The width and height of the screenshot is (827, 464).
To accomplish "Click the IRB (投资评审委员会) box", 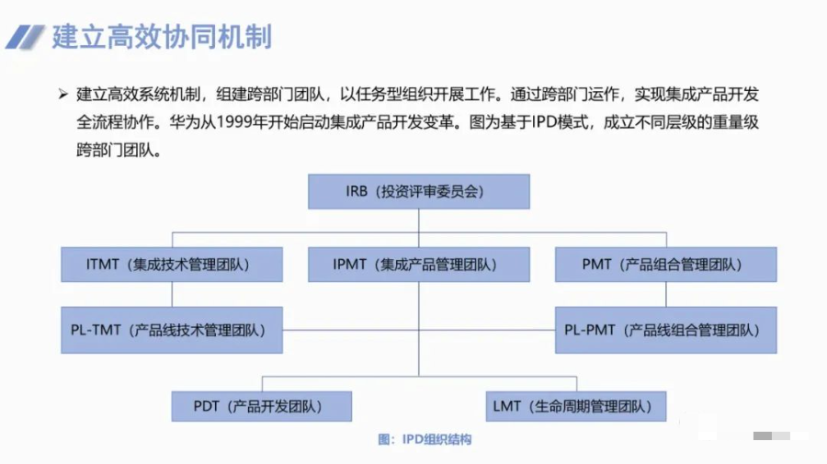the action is point(418,192).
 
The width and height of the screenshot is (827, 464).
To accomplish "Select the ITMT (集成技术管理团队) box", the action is point(171,265).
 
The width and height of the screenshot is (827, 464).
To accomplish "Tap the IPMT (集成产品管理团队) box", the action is point(418,265).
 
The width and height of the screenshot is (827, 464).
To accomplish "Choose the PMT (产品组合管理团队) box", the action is point(665,265).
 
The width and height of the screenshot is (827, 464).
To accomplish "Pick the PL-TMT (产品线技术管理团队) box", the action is point(171,330).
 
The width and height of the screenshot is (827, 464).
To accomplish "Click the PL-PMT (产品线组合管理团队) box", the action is point(665,330).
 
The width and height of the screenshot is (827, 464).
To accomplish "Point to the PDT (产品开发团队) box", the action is point(261,406).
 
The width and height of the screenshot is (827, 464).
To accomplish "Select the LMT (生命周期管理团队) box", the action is point(575,406).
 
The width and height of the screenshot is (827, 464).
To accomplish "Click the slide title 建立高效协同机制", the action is point(162,38).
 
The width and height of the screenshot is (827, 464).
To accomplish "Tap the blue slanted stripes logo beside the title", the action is point(26,38).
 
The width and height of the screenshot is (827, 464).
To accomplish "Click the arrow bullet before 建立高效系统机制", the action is point(63,94).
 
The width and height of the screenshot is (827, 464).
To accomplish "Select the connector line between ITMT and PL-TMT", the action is point(172,294).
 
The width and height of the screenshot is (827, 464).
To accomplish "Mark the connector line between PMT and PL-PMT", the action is point(666,294).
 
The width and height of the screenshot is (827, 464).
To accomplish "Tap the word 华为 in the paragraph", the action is point(183,122).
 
